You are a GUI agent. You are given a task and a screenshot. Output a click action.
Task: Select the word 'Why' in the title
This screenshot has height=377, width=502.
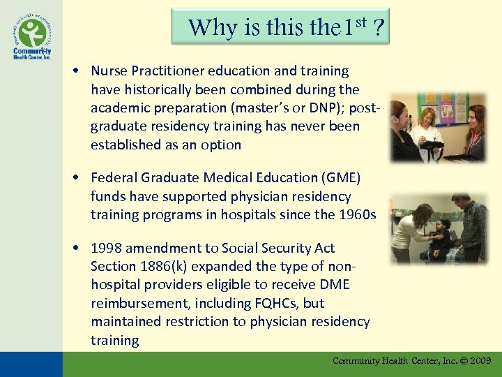pos(206,28)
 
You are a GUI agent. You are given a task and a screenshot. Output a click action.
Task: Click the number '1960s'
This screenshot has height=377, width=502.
pos(356,215)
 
